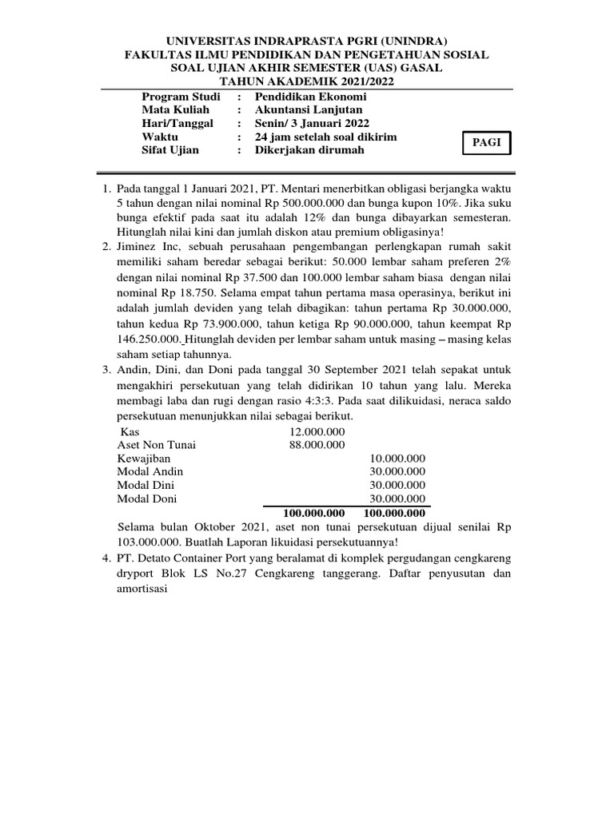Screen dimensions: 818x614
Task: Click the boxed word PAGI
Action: point(486,142)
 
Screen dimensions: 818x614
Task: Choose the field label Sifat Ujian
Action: point(170,150)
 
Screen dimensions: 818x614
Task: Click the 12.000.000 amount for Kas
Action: point(317,431)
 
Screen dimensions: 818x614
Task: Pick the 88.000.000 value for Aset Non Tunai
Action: point(317,444)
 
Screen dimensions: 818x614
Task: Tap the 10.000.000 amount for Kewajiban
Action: point(397,458)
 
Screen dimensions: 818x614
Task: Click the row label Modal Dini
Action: point(146,485)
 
